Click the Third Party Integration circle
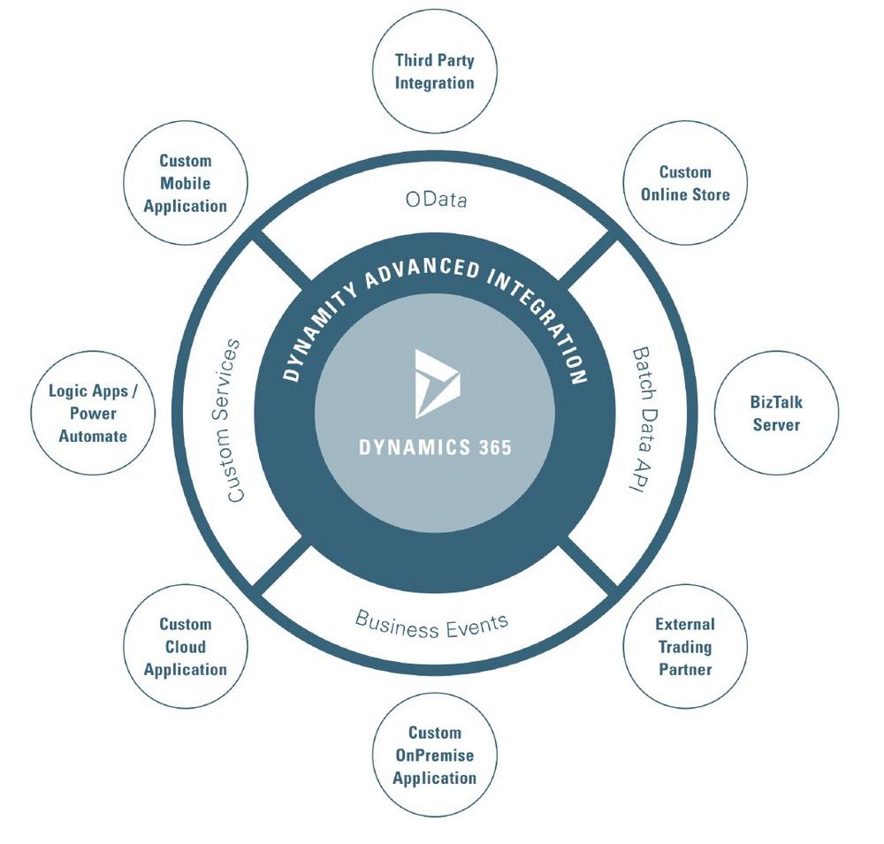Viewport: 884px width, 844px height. point(434,72)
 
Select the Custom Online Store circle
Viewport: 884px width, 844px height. point(685,183)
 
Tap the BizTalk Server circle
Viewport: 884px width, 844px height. point(775,414)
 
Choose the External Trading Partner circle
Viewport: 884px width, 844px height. point(685,647)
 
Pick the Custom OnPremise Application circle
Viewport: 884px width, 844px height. point(434,756)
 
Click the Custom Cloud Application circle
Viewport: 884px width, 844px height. point(185,647)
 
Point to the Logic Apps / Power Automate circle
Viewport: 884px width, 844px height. point(93,414)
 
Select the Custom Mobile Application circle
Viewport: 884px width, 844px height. point(185,183)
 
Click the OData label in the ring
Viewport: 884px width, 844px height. point(436,200)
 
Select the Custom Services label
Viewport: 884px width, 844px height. point(233,421)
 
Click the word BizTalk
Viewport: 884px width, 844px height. point(775,402)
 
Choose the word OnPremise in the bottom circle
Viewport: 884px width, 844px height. point(434,756)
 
